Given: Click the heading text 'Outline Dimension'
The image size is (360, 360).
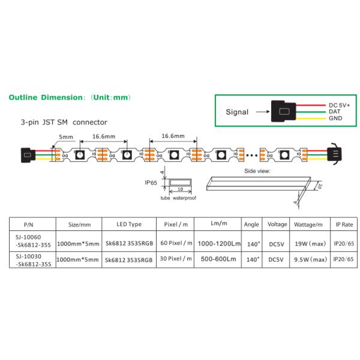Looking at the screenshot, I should click(x=45, y=97).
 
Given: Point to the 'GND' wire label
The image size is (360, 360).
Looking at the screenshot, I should click(x=335, y=119).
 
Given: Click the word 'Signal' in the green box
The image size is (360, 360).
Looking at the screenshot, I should click(x=237, y=112).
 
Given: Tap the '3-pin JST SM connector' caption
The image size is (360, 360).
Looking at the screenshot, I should click(x=64, y=122).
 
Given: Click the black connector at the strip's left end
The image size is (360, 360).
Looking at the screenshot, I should click(x=26, y=154).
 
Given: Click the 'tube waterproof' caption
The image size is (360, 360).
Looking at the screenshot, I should click(x=178, y=197).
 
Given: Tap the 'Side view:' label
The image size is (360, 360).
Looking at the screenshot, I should click(x=257, y=171).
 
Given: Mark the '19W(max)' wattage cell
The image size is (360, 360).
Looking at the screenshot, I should click(x=310, y=243).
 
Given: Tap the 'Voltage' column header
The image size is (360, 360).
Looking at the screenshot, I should click(x=277, y=224).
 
